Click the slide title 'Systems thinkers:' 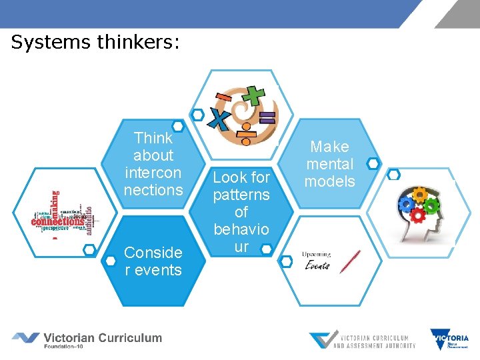click(x=95, y=43)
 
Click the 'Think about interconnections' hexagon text click(x=153, y=164)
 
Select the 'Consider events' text click(x=153, y=261)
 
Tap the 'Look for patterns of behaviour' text click(x=241, y=211)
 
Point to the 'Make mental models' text click(x=329, y=164)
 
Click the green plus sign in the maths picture click(x=254, y=93)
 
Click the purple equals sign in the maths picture click(x=267, y=119)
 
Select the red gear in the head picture click(x=417, y=215)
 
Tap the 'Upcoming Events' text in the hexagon click(x=317, y=260)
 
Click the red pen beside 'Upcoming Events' click(x=350, y=261)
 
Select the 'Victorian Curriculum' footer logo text click(x=103, y=337)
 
